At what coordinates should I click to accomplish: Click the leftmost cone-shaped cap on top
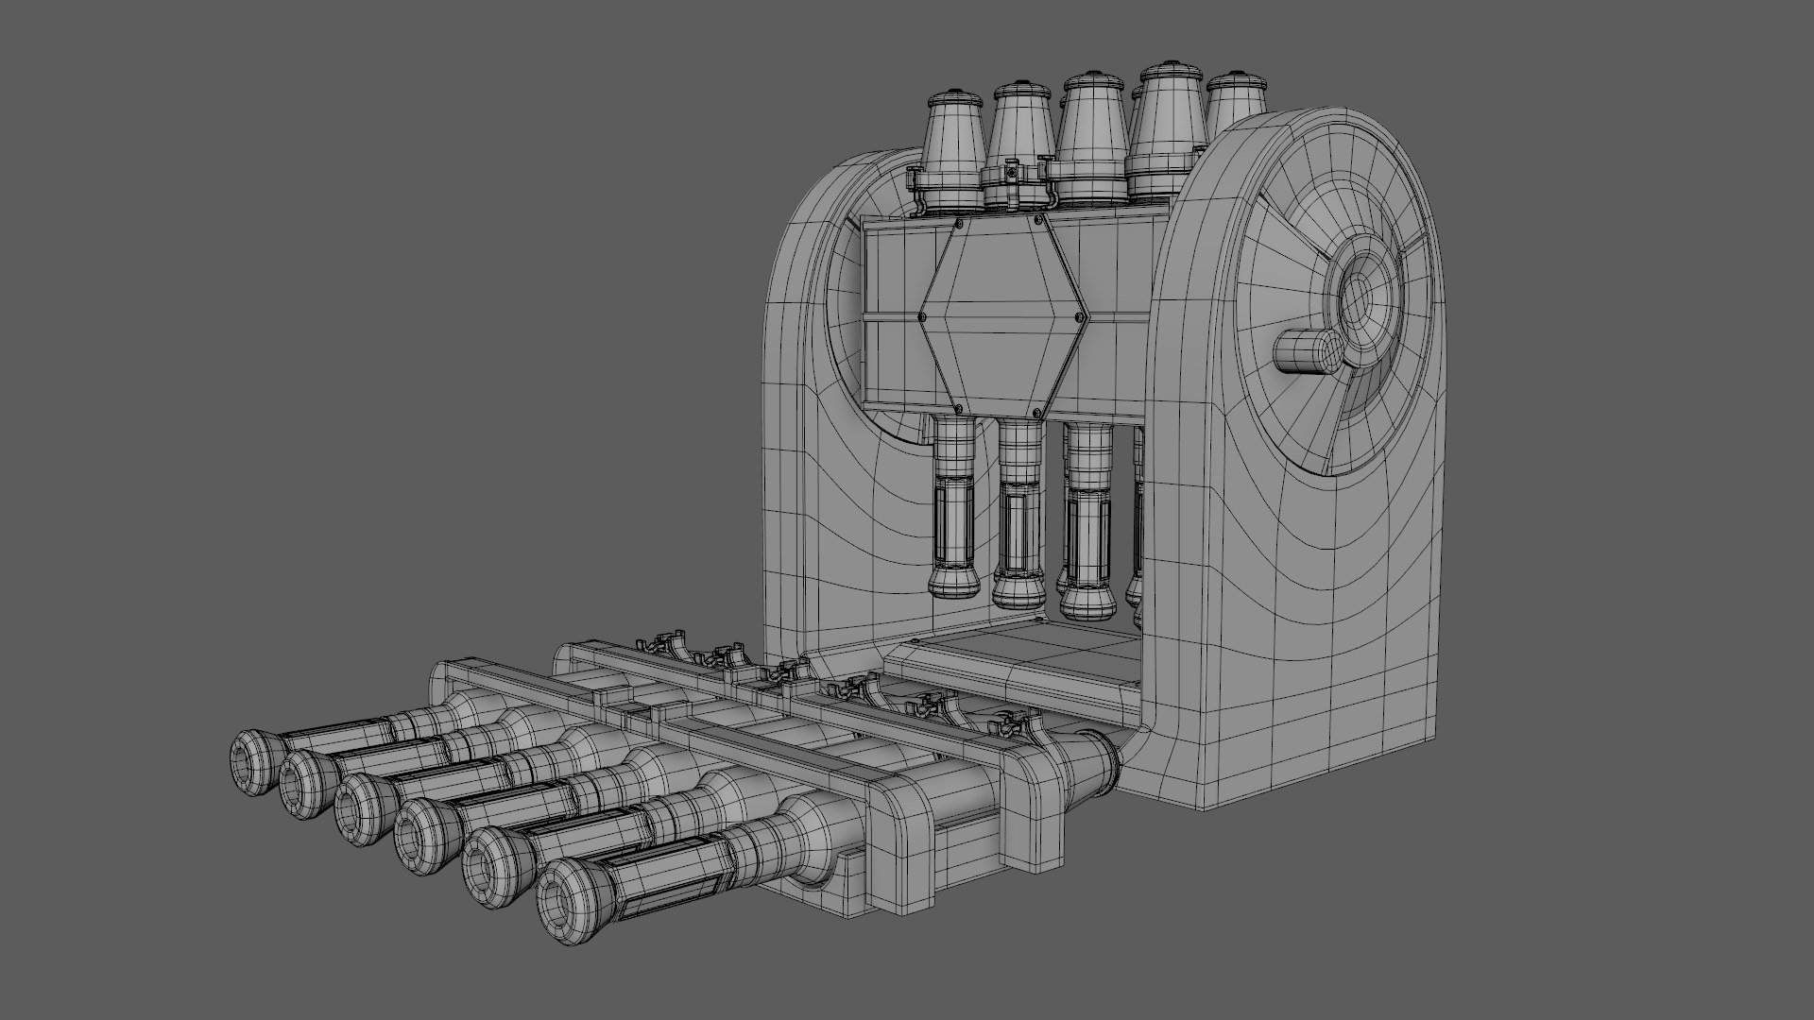953,151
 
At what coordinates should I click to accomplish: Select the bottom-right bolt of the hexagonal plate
1040,413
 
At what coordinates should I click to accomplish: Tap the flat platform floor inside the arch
1030,652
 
